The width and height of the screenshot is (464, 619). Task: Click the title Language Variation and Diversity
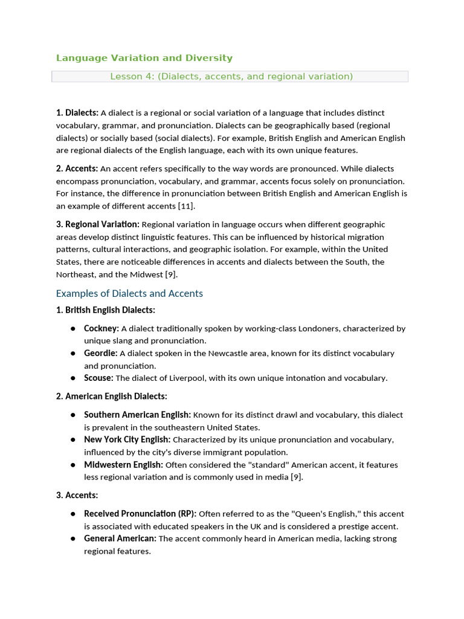[144, 58]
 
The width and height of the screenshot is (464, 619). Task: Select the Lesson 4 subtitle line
[231, 76]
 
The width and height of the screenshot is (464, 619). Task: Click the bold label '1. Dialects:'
[77, 113]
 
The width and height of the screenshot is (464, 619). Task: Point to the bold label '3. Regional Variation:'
[97, 224]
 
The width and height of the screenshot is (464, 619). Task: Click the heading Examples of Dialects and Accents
[129, 293]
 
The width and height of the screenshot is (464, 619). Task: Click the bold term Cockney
[101, 329]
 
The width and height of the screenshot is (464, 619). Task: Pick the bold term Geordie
[100, 353]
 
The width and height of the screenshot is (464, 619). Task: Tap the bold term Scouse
[98, 378]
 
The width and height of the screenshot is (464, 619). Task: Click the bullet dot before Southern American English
[72, 415]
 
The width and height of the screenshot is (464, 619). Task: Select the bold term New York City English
[127, 439]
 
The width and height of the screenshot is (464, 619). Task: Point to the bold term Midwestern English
[123, 465]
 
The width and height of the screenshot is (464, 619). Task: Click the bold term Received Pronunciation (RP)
[140, 514]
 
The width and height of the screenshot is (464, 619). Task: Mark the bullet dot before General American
[72, 539]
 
